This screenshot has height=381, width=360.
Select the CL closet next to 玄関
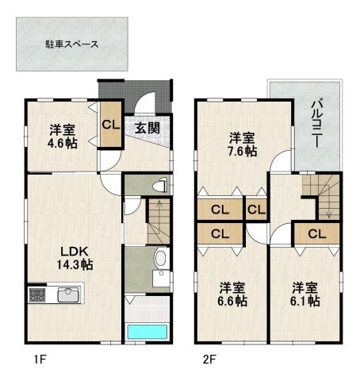tap(110, 124)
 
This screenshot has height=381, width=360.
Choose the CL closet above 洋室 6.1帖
tap(316, 233)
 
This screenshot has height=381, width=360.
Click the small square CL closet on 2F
tap(255, 210)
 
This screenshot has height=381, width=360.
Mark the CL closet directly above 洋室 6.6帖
tap(220, 233)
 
